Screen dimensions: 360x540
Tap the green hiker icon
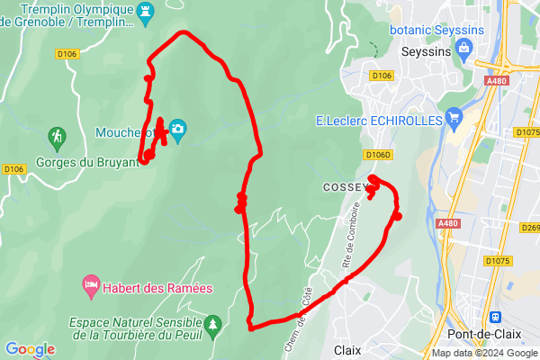[58, 138]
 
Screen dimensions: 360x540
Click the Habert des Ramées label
[157, 288]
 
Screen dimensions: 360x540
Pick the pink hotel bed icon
[90, 285]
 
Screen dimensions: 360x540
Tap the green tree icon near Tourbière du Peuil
[213, 323]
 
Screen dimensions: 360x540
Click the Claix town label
[347, 349]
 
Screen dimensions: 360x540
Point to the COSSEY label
[343, 187]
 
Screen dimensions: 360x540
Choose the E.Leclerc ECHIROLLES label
[378, 120]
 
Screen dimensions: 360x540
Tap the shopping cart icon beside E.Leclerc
[454, 118]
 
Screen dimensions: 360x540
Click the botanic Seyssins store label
[436, 30]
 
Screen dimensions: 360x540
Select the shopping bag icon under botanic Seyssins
[464, 49]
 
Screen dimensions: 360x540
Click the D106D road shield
[377, 155]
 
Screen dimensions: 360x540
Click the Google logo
[30, 348]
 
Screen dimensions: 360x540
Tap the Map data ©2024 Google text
[484, 353]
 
